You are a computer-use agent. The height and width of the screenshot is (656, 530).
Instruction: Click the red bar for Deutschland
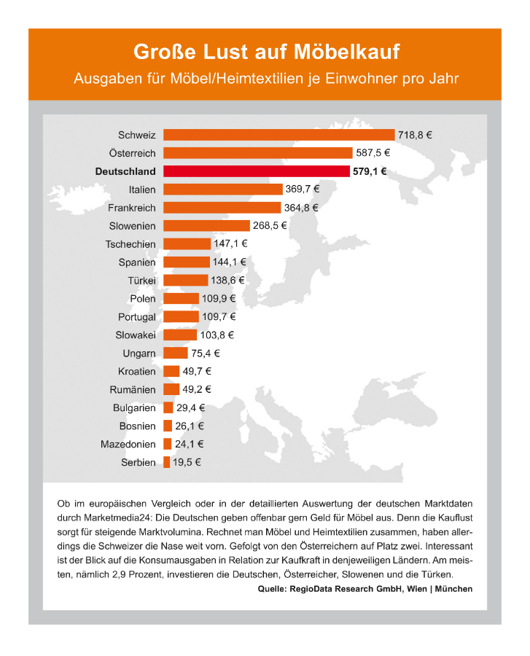coord(257,171)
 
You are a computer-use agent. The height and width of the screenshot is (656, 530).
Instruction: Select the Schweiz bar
coord(279,135)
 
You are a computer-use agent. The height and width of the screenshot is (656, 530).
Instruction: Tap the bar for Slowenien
coord(206,225)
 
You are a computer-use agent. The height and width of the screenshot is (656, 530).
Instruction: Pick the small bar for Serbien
coord(166,462)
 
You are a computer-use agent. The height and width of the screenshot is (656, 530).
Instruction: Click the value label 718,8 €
coord(415,135)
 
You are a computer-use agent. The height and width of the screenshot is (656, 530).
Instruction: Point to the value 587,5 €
coord(373,153)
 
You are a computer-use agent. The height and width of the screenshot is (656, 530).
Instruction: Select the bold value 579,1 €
coord(370,171)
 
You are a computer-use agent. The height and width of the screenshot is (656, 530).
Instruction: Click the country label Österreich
coord(132,153)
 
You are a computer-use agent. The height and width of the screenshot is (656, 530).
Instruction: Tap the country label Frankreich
coord(132,208)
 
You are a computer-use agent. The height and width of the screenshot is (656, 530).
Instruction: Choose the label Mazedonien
coord(128,444)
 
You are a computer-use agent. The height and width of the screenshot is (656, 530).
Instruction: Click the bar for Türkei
coord(186,280)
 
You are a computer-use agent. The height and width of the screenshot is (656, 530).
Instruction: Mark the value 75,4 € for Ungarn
coord(206,353)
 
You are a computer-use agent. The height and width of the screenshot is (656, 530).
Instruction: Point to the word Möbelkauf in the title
coord(347,52)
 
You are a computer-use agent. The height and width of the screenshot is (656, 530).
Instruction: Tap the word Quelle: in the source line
coord(272,589)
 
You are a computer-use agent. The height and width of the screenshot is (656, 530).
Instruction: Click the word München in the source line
coord(453,589)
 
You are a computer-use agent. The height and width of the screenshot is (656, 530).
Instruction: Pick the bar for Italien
coord(223,189)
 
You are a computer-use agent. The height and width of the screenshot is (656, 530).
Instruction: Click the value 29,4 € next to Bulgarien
coord(191,407)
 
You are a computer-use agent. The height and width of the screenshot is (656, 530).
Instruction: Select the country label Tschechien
coord(130,244)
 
